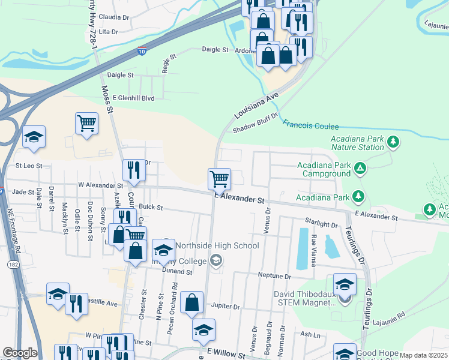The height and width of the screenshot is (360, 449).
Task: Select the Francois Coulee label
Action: coord(310,127)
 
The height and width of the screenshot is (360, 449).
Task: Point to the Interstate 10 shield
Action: coord(141,52)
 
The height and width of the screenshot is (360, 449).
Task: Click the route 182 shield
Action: coord(13,264)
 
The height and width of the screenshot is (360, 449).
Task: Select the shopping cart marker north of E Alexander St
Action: coord(219,178)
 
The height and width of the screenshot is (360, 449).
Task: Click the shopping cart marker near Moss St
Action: coord(87,123)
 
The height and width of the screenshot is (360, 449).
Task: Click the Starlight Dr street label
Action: coord(322,224)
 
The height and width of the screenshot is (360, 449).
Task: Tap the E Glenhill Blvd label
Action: coord(128,98)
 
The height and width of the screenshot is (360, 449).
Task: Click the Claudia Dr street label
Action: coord(113,17)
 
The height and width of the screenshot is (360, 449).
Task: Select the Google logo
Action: coord(20,353)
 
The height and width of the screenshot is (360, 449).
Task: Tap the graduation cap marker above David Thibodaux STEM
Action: coord(345,284)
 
